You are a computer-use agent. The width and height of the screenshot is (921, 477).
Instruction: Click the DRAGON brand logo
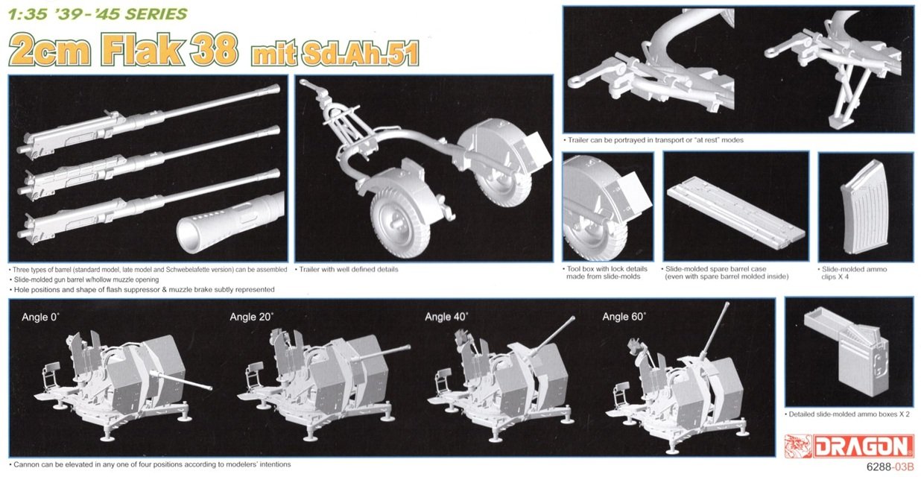pyautogui.click(x=848, y=446)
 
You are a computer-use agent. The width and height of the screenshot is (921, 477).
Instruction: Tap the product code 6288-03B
pyautogui.click(x=890, y=467)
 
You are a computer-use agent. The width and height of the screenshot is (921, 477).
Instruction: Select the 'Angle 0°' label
pyautogui.click(x=40, y=317)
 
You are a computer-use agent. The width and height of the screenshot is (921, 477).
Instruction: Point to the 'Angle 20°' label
pyautogui.click(x=251, y=317)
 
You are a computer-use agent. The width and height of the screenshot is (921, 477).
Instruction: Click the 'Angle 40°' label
pyautogui.click(x=446, y=317)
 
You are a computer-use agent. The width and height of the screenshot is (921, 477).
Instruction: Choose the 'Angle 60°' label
pyautogui.click(x=624, y=317)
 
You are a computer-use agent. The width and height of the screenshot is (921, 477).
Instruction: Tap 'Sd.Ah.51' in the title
pyautogui.click(x=360, y=54)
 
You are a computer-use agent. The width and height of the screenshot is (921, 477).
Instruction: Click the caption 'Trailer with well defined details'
pyautogui.click(x=347, y=270)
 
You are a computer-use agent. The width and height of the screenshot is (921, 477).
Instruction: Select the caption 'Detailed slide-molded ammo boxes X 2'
pyautogui.click(x=847, y=414)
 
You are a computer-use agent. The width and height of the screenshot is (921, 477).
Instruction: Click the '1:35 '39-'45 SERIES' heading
pyautogui.click(x=98, y=14)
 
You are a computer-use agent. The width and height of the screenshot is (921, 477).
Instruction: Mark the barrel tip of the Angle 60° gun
pyautogui.click(x=727, y=305)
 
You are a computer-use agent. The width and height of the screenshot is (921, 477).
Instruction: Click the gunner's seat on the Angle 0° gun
pyautogui.click(x=51, y=366)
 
